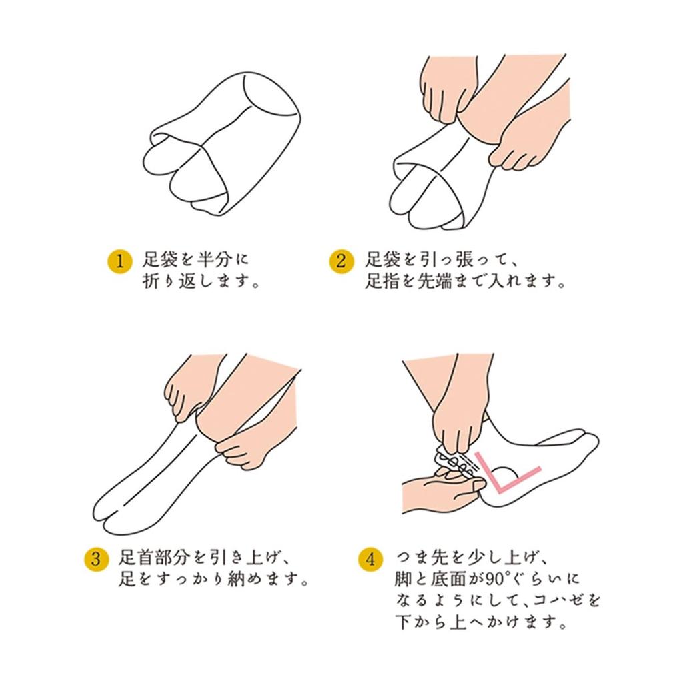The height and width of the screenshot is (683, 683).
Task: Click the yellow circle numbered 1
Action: (120, 261)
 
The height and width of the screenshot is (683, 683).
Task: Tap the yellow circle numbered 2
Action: (341, 261)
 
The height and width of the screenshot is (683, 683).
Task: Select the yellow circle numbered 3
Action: (97, 559)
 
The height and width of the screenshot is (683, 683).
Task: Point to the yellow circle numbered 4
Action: (371, 559)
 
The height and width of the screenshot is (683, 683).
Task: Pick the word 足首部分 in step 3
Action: (155, 557)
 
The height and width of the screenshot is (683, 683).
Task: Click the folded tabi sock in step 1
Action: (221, 144)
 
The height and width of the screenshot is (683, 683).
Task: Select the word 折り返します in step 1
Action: (197, 281)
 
